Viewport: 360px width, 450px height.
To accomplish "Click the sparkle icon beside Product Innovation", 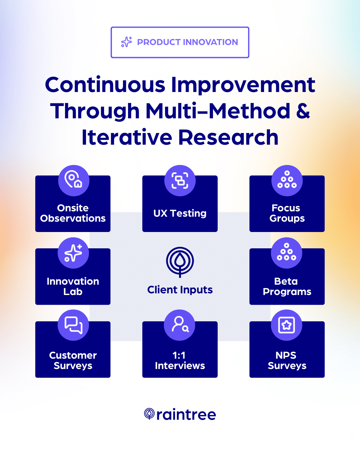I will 127,42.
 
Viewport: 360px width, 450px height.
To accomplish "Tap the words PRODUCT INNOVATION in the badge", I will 187,42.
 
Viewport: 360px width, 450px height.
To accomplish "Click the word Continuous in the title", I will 105,85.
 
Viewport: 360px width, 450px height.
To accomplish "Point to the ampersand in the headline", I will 303,111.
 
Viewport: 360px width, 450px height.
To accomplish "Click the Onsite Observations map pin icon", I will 74,180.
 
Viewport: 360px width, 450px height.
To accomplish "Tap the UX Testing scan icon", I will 180,180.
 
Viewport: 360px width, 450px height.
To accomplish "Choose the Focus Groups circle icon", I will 287,180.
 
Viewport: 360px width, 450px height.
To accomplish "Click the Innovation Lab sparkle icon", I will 73,253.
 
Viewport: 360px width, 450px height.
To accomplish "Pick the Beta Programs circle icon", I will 287,253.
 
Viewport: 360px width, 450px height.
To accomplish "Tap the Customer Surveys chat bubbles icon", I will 73,325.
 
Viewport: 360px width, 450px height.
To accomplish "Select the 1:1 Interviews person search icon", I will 180,325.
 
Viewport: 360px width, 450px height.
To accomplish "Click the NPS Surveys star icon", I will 287,325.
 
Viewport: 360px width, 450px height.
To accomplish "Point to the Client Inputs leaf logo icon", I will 180,262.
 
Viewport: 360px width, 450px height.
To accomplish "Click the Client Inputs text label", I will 180,290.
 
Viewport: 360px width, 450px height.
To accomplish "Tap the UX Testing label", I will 180,213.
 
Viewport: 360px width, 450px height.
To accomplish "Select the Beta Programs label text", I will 287,286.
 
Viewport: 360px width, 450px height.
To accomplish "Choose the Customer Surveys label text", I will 73,360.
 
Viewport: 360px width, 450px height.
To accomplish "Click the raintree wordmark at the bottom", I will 186,415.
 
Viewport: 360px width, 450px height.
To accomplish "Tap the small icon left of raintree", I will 149,414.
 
